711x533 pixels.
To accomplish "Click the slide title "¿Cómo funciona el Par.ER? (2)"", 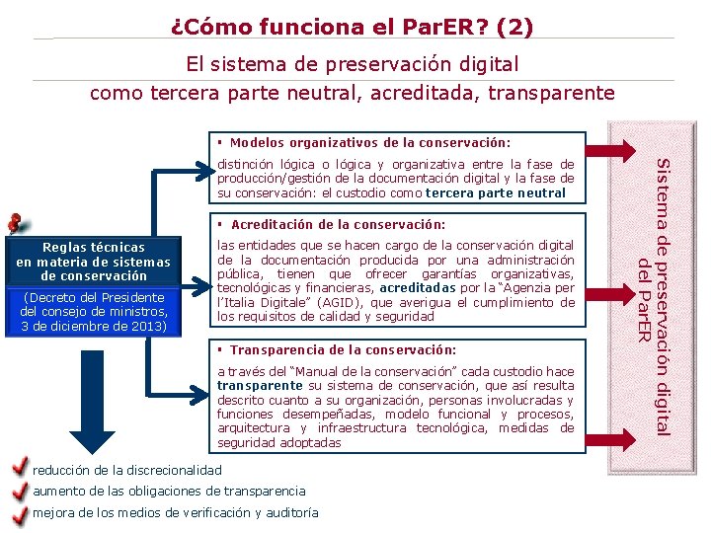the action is pos(353,26).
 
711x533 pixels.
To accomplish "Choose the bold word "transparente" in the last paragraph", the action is pos(260,386).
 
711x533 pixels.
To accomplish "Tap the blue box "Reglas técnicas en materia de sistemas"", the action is pos(94,262).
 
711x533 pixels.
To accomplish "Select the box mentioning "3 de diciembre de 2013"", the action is pos(94,312).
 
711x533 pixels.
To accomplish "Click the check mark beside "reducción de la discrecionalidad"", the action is pos(18,468).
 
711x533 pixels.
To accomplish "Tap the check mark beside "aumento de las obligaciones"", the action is pos(18,491).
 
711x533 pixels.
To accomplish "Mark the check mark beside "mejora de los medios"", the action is pos(18,512).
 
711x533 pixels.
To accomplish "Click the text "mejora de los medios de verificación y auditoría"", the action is pos(176,512).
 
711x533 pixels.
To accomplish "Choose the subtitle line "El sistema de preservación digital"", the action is pos(353,65).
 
